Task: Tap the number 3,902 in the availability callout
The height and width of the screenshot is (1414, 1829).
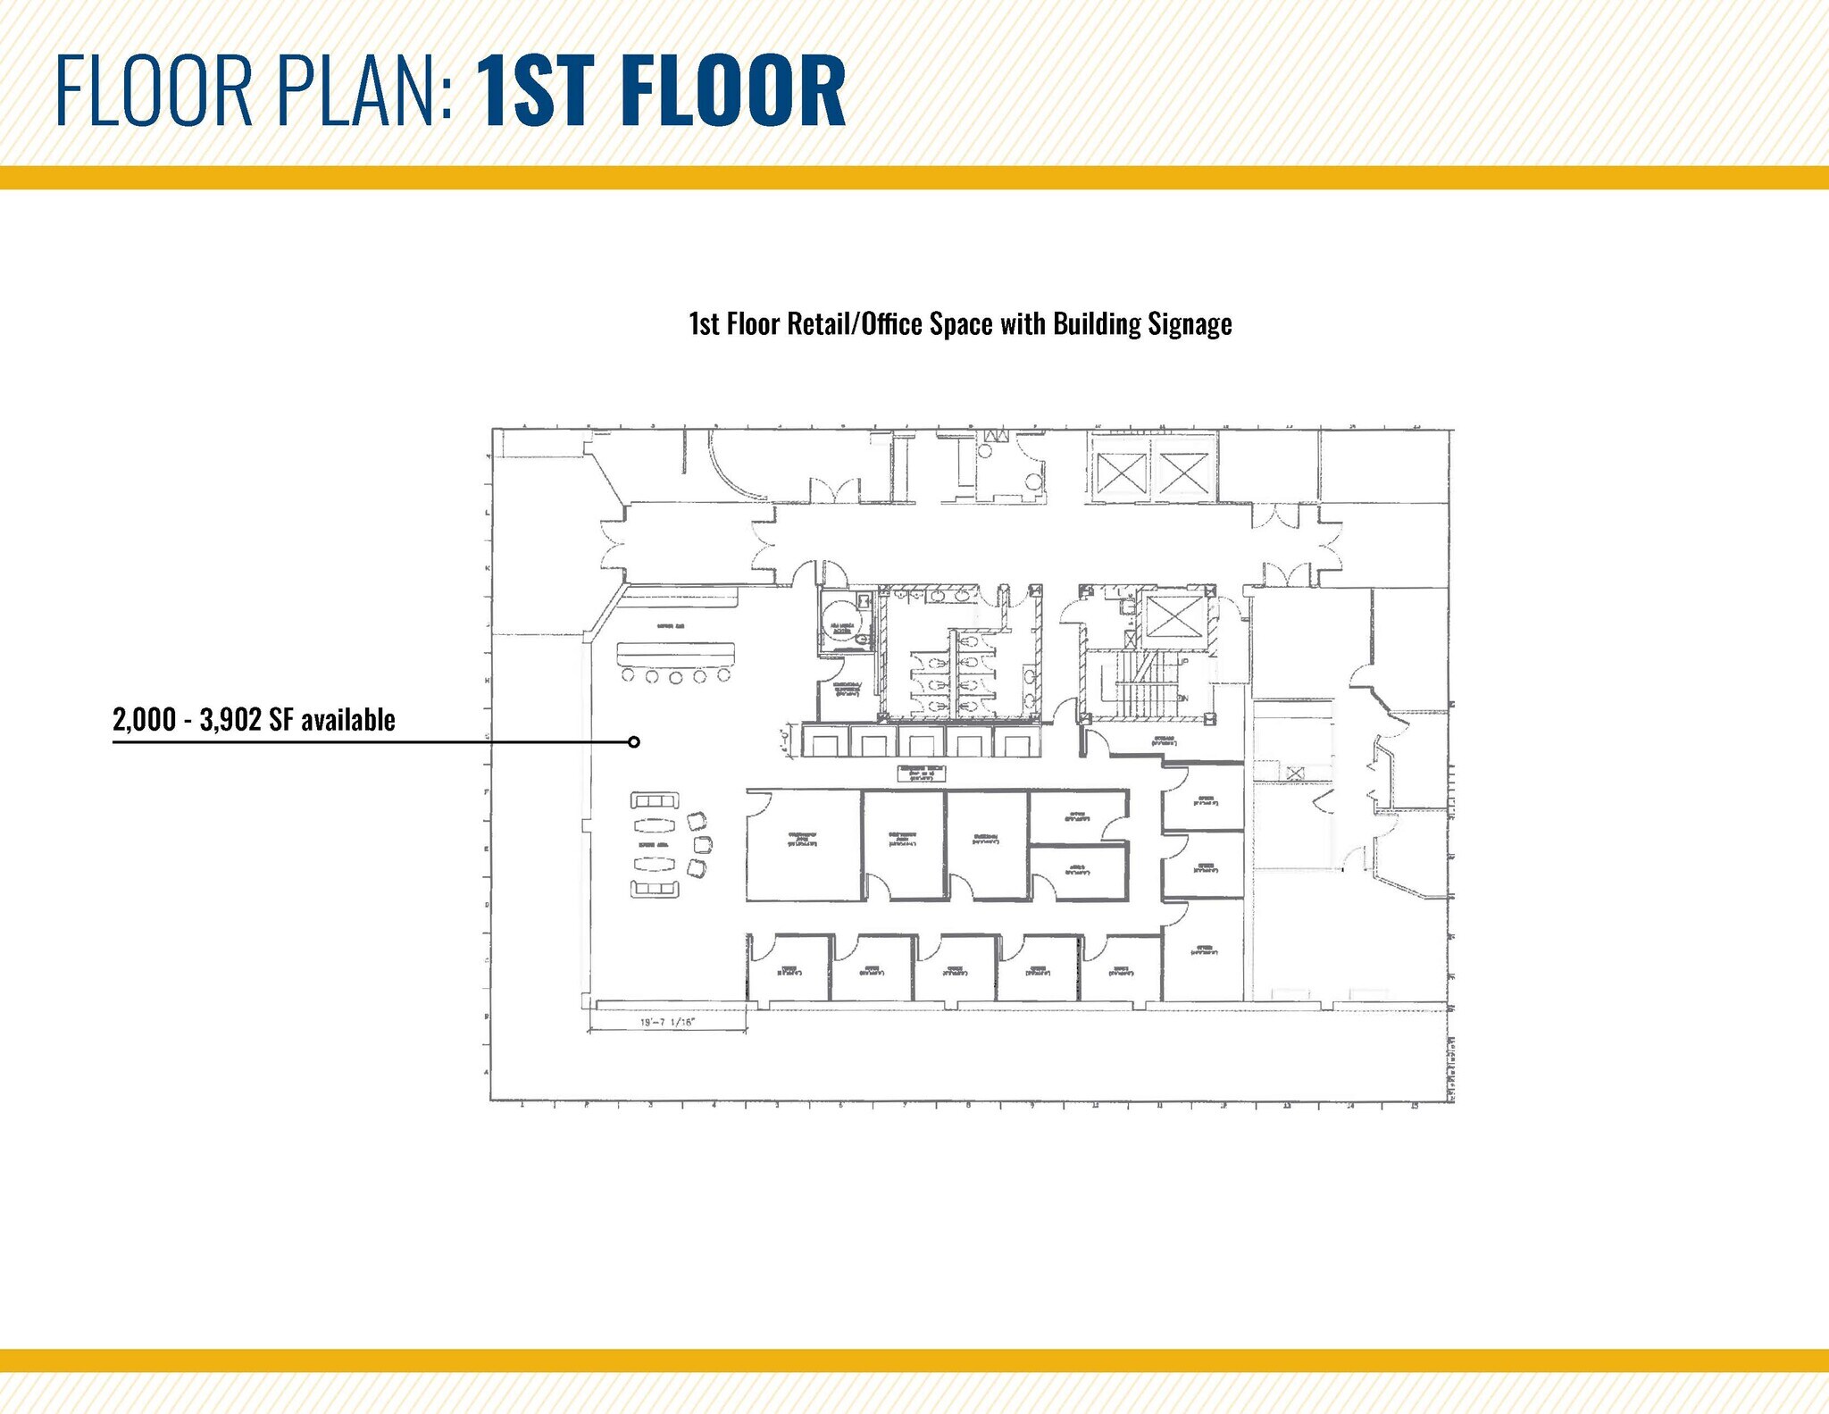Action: coord(230,719)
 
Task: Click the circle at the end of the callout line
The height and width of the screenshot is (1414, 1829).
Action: coord(633,741)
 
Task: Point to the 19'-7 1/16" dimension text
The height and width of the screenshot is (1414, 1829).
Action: coord(668,1022)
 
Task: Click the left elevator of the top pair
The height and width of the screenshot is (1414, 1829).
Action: coord(1119,472)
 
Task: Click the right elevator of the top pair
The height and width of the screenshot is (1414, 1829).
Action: coord(1182,472)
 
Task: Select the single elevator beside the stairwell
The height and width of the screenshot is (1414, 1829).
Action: coord(1173,618)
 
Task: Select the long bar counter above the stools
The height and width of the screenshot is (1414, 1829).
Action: coord(675,653)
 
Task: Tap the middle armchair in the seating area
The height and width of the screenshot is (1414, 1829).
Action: coord(701,844)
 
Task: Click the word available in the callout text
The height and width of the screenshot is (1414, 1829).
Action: coord(348,719)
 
